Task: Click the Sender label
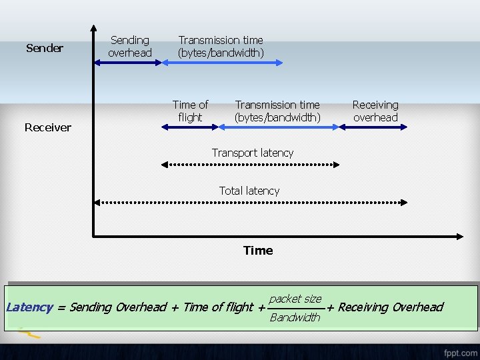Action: pyautogui.click(x=45, y=48)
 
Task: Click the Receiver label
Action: pyautogui.click(x=48, y=127)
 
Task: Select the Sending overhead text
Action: pyautogui.click(x=130, y=47)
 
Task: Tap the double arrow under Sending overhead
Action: pyautogui.click(x=128, y=63)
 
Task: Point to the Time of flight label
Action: pyautogui.click(x=190, y=111)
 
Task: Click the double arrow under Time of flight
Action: pyautogui.click(x=191, y=127)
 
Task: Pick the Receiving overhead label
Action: pyautogui.click(x=375, y=111)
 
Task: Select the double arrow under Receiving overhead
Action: pyautogui.click(x=373, y=127)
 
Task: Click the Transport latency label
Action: pyautogui.click(x=253, y=153)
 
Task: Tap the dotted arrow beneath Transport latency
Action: pyautogui.click(x=251, y=163)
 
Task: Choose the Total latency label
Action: pyautogui.click(x=249, y=191)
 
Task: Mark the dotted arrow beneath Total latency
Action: pyautogui.click(x=251, y=201)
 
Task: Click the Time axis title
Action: pyautogui.click(x=258, y=251)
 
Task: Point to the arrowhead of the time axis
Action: pyautogui.click(x=459, y=236)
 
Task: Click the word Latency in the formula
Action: pyautogui.click(x=29, y=307)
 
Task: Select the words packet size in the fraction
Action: pyautogui.click(x=295, y=299)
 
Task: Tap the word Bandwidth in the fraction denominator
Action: pyautogui.click(x=295, y=317)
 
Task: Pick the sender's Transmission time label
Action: pyautogui.click(x=221, y=47)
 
